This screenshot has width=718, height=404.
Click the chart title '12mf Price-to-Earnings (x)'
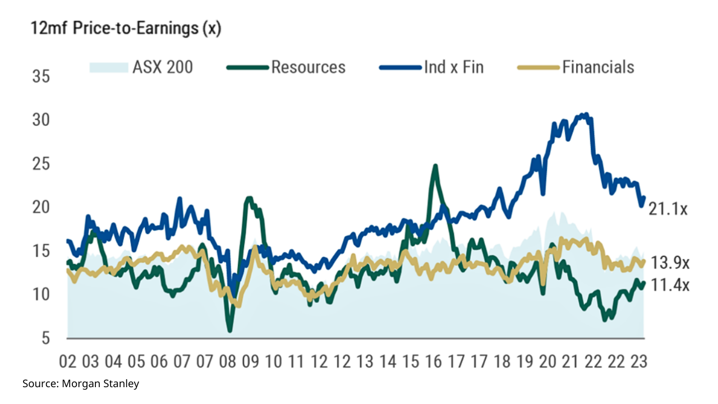[x=126, y=29]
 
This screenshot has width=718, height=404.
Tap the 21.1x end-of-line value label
[x=668, y=209]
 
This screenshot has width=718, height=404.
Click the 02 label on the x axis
[x=68, y=361]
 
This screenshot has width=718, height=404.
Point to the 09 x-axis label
[x=251, y=361]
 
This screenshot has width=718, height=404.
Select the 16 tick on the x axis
[x=433, y=361]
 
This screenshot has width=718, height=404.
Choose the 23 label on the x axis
[x=638, y=361]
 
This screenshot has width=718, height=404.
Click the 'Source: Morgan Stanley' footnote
[x=81, y=384]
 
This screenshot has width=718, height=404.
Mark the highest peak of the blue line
[x=586, y=114]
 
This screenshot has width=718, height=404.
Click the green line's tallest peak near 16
[x=435, y=166]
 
